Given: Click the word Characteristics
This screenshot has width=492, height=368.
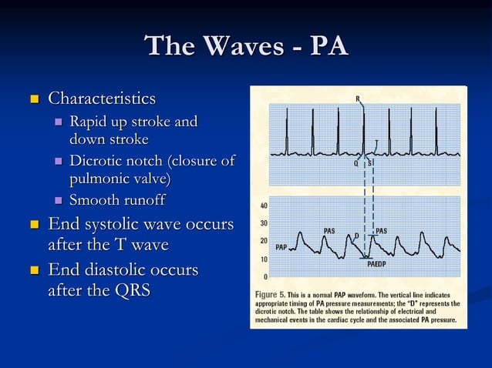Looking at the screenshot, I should [102, 99].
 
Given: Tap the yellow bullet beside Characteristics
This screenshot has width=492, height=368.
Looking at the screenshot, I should [33, 99].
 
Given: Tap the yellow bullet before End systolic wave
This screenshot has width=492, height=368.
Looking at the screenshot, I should [33, 226].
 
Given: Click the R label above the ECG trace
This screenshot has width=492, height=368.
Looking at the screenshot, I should [358, 99].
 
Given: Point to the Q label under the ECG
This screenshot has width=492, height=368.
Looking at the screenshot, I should [356, 162].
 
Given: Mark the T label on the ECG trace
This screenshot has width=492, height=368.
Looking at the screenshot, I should [376, 142].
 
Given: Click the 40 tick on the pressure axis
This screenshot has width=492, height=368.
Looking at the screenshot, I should [264, 206].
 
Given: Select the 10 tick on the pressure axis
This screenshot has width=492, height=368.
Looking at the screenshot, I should [264, 259].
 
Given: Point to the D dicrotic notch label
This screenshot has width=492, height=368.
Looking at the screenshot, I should [356, 234].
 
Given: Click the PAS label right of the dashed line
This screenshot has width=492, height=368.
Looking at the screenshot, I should [381, 230].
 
